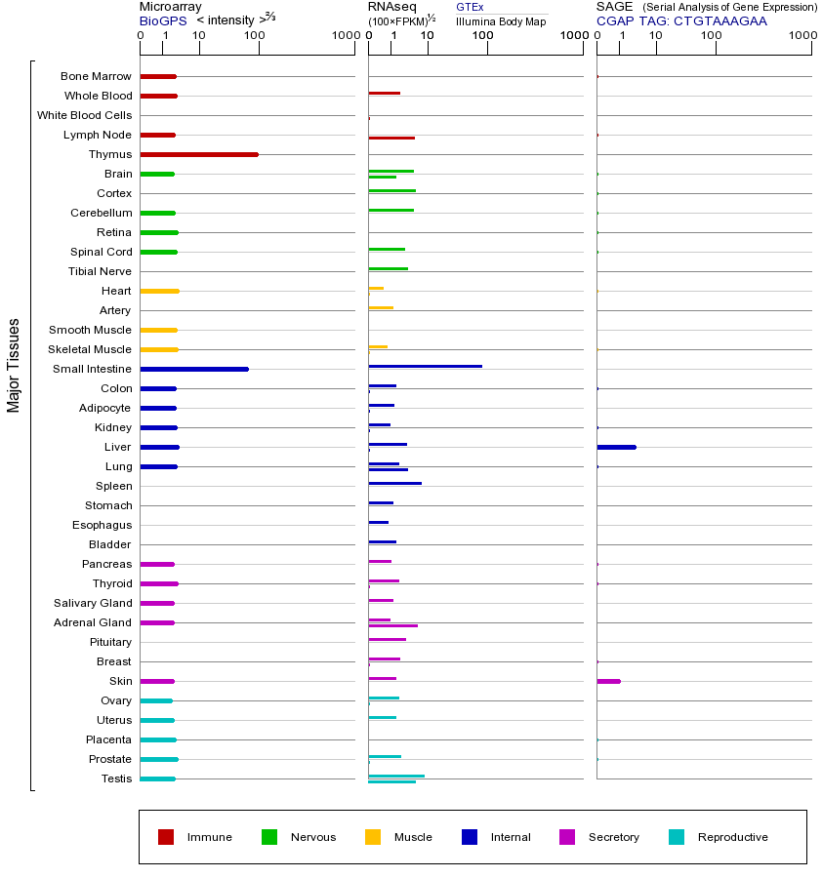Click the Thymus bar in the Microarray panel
199,154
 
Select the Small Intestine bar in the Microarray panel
194,369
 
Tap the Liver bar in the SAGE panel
616,447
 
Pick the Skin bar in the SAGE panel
608,681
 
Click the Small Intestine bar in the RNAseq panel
425,366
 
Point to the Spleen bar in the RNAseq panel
394,483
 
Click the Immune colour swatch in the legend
166,837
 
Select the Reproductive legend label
732,837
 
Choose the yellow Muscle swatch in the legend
373,837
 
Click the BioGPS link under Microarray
159,20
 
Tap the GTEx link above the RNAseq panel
470,7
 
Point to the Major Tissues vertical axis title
14,364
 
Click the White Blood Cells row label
84,115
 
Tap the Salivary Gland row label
93,603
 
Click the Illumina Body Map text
501,20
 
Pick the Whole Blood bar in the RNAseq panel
384,93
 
